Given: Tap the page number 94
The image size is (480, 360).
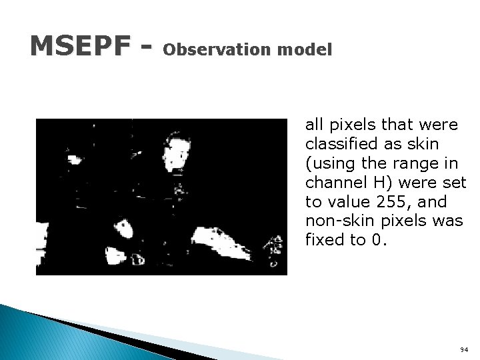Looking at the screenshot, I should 464,349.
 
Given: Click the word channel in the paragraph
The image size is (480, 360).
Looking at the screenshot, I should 332,182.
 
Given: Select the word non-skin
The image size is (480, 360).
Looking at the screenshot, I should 337,221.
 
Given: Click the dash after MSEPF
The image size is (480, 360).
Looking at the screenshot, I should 147,47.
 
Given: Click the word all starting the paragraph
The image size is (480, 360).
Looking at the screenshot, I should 313,124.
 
